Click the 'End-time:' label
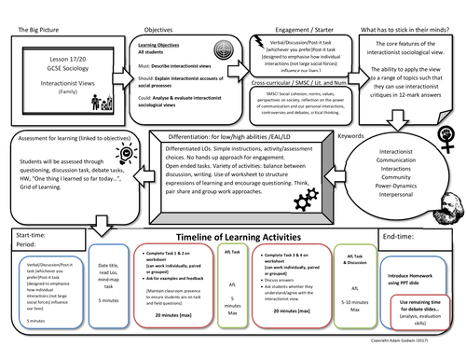402,237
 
